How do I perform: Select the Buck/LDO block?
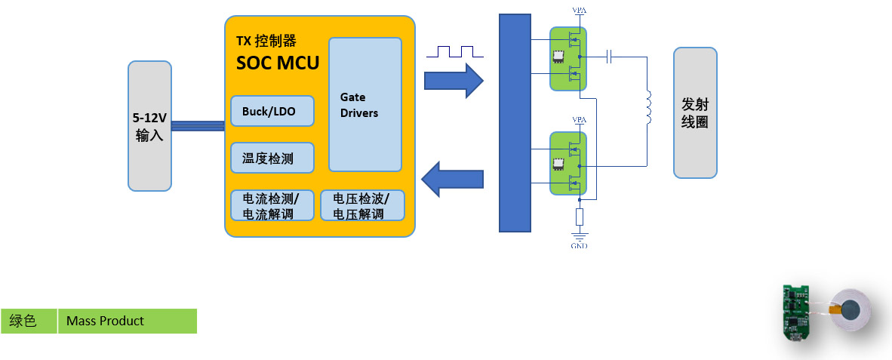click(268, 112)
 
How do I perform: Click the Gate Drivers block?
click(365, 104)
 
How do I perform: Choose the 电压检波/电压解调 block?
click(362, 205)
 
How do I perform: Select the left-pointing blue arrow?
click(452, 180)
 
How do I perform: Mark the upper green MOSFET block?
click(568, 59)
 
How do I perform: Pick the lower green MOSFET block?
click(568, 164)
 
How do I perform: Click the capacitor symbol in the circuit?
click(611, 56)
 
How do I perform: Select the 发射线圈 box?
click(695, 112)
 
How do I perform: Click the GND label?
click(579, 245)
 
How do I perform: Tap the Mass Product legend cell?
click(127, 321)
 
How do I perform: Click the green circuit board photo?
click(795, 318)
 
